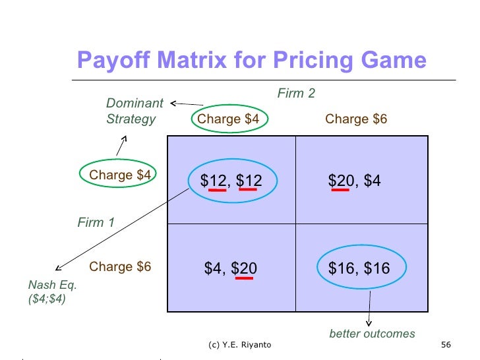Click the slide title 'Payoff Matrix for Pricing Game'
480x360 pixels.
[252, 61]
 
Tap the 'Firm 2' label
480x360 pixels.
[295, 94]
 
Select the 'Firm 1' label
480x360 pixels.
[96, 223]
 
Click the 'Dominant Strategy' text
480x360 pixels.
[134, 111]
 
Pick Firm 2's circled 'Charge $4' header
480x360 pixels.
[228, 119]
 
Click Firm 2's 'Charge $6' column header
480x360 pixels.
[356, 119]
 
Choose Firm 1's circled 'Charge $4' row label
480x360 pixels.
[120, 175]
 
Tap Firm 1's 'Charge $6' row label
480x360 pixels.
[120, 267]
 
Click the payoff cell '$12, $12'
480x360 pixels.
[231, 180]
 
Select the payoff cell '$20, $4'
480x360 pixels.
[354, 180]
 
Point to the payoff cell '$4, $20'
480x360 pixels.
[231, 268]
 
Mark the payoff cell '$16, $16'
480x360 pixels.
[359, 268]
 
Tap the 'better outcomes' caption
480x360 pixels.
[372, 334]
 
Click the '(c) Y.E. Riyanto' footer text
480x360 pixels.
[238, 345]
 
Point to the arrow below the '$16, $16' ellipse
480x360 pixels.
[369, 306]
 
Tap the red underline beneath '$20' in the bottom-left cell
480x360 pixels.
[245, 278]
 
